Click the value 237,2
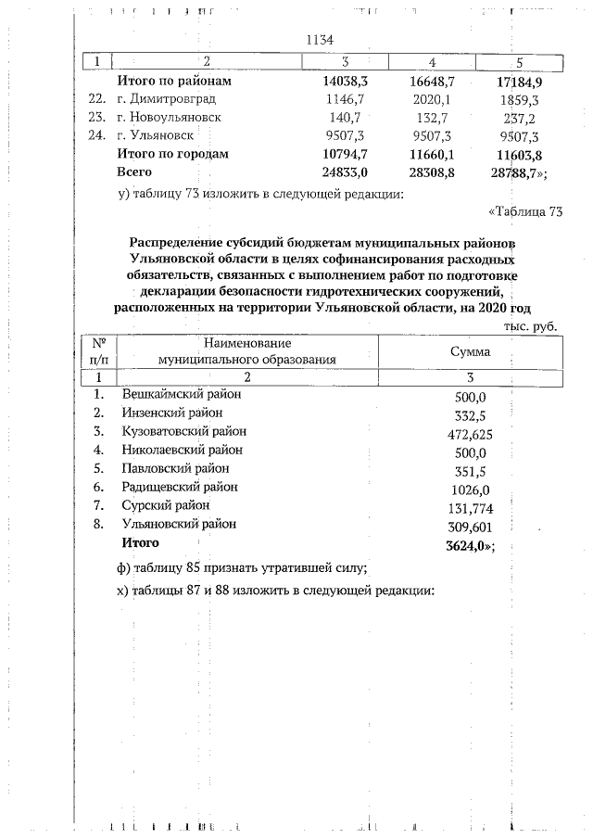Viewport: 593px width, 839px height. [521, 117]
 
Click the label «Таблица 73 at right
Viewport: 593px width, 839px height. [525, 212]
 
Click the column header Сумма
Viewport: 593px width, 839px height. [471, 352]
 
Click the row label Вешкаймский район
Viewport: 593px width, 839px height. [182, 394]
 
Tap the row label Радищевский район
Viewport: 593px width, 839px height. [179, 487]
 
